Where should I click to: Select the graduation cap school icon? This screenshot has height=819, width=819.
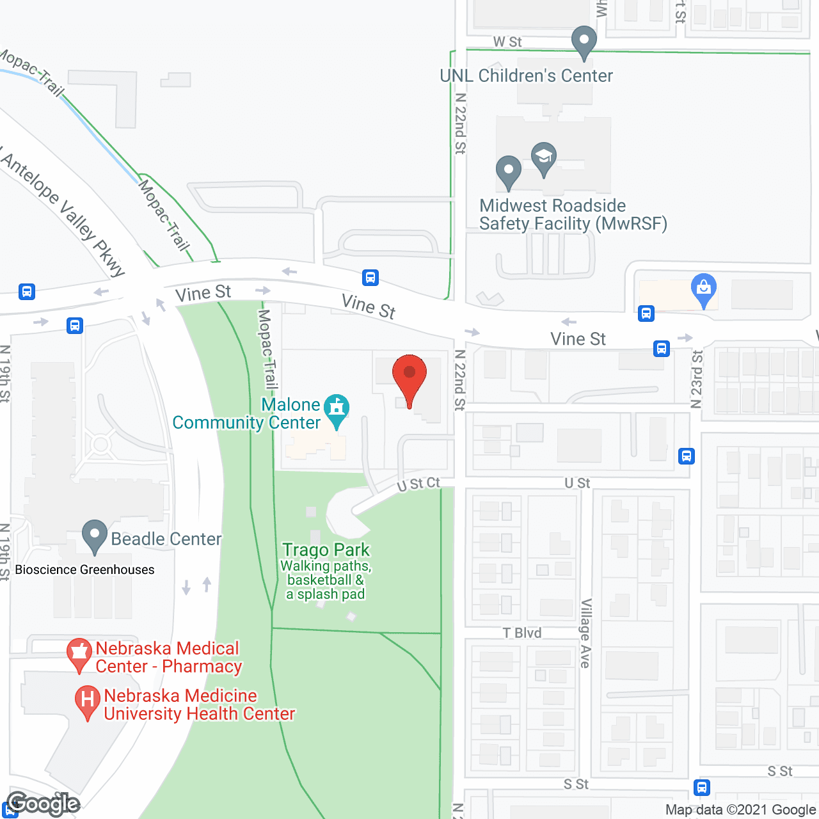click(x=544, y=158)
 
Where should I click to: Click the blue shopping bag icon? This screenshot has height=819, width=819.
click(x=704, y=290)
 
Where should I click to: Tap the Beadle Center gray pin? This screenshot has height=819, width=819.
click(x=95, y=536)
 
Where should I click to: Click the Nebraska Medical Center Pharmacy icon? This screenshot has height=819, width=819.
click(x=79, y=654)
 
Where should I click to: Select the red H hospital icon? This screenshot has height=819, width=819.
click(x=88, y=701)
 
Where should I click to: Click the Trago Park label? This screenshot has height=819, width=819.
click(x=326, y=550)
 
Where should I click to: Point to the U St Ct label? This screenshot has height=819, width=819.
click(x=418, y=484)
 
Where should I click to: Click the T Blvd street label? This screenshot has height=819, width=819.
click(x=522, y=633)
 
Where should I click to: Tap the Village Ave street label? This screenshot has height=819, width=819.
click(x=585, y=633)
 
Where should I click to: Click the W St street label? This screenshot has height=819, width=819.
click(x=507, y=42)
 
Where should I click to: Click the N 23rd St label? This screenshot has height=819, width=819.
click(x=697, y=379)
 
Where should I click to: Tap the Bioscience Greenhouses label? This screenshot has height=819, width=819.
click(x=84, y=569)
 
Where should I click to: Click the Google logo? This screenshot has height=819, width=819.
click(x=43, y=804)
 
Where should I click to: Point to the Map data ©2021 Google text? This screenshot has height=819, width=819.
click(x=740, y=809)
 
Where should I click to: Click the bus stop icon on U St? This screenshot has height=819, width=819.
click(x=687, y=456)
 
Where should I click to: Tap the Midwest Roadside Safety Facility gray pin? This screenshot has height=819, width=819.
click(x=509, y=171)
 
